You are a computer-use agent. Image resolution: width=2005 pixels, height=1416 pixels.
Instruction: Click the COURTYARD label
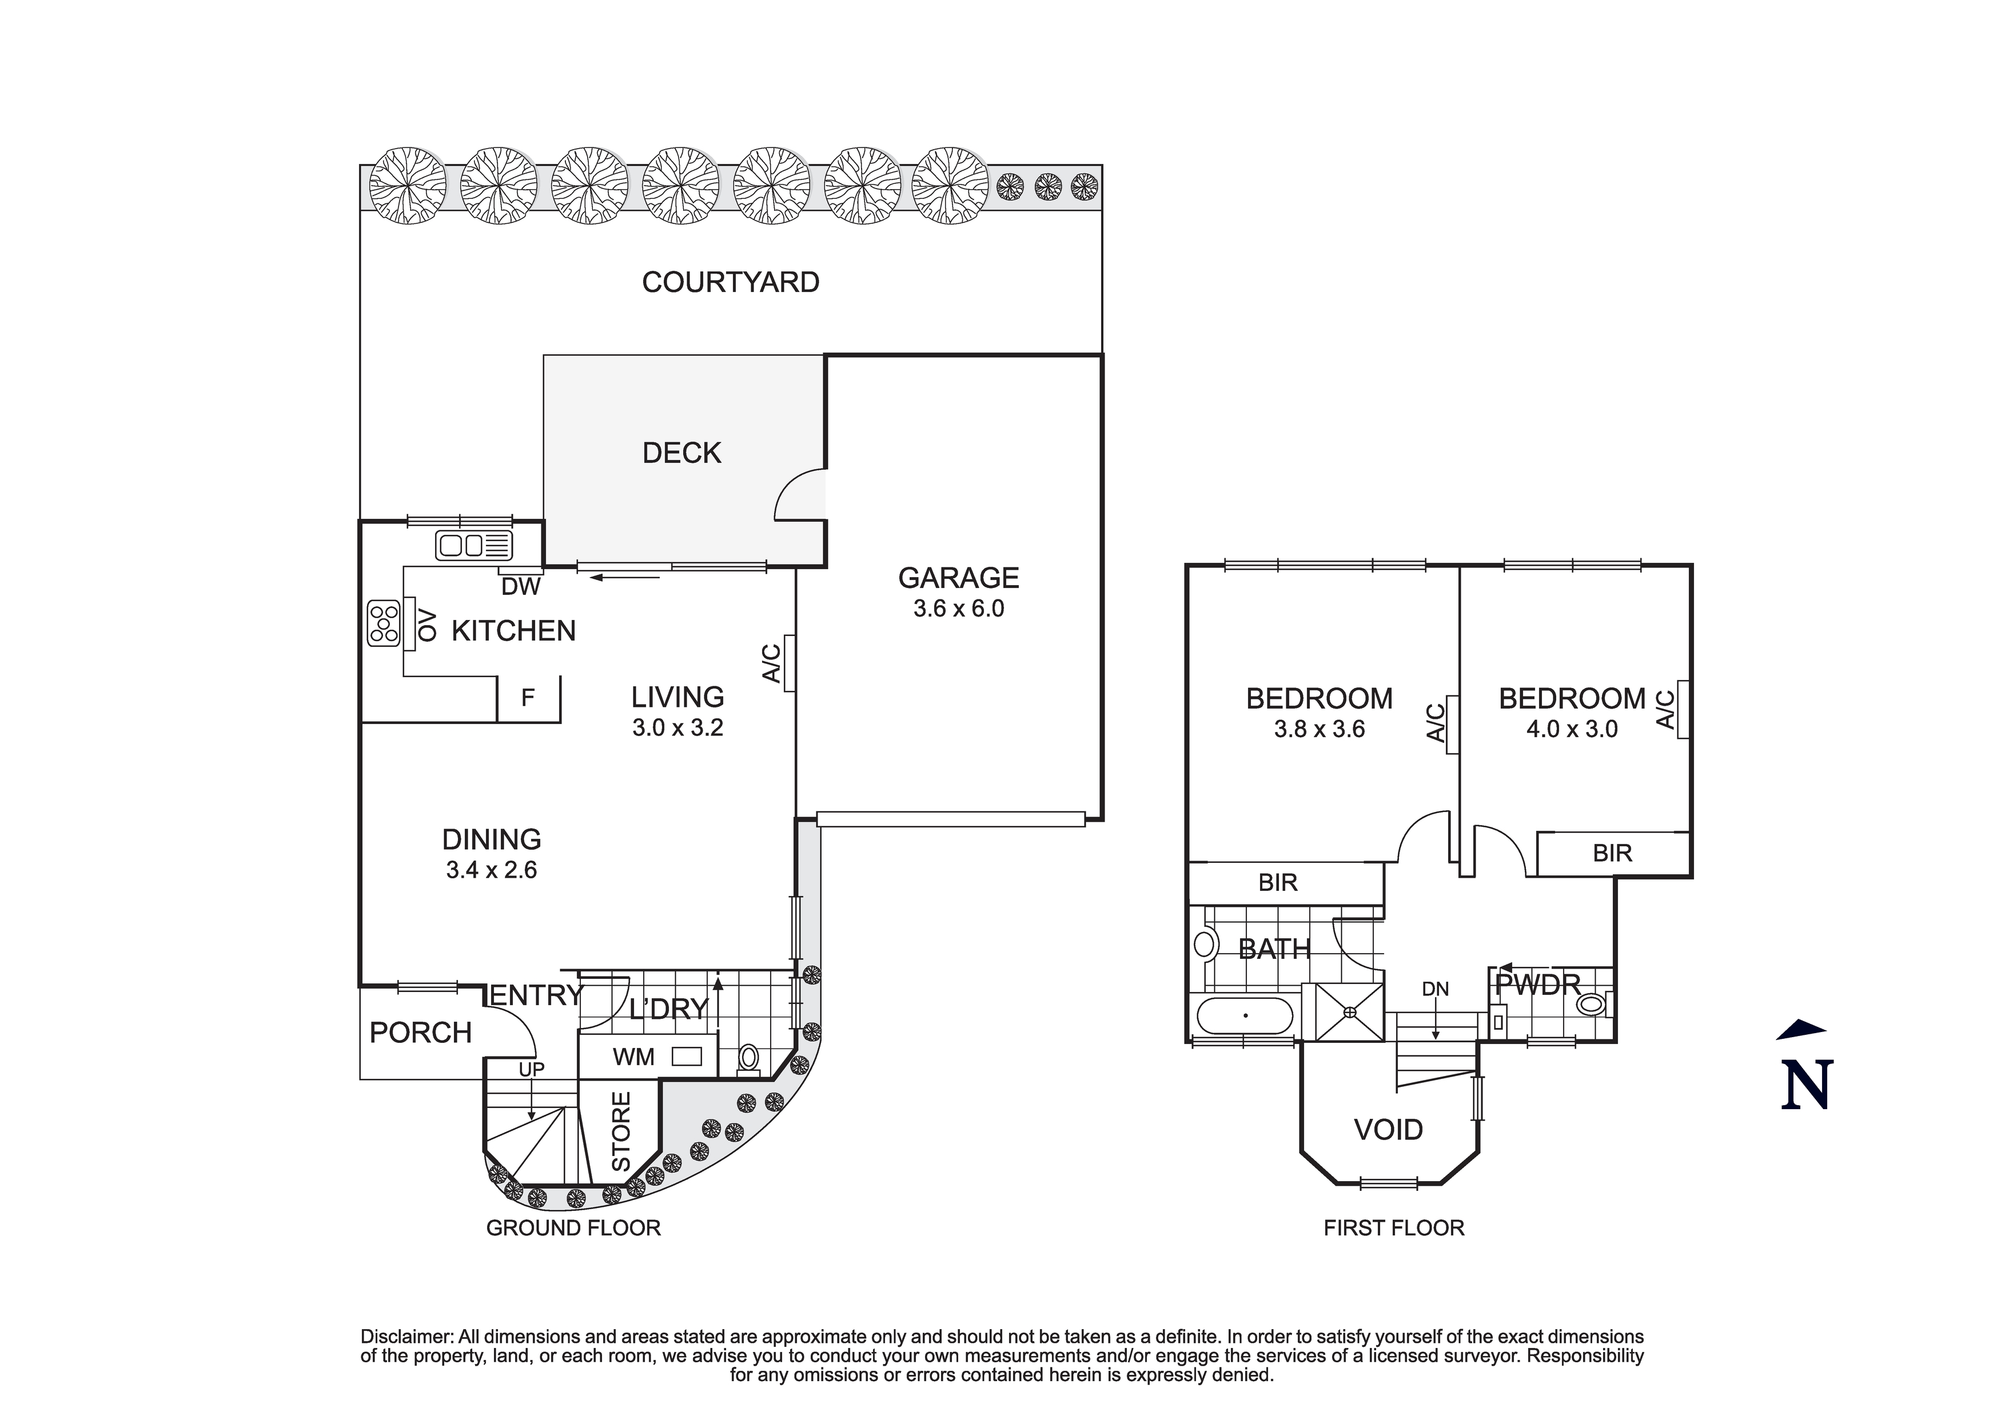(x=730, y=282)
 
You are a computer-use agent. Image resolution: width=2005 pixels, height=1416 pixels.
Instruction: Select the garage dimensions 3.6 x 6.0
(x=959, y=609)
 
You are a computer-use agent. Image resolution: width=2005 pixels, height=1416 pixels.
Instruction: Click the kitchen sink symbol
(x=474, y=546)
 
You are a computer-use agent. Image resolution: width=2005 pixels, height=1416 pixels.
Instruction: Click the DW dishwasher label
(x=521, y=587)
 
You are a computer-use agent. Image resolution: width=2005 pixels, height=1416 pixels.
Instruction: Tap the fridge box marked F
(x=528, y=698)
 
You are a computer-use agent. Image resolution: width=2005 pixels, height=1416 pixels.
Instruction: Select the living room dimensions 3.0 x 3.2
(x=677, y=727)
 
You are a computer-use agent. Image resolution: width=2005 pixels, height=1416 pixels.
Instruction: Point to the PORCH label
(x=420, y=1033)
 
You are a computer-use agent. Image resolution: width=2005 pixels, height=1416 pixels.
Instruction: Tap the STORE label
(x=620, y=1131)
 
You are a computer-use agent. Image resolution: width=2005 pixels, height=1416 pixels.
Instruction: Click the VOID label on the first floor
(x=1389, y=1130)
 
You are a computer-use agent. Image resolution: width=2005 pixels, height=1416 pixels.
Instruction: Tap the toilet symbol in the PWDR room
(x=1593, y=1004)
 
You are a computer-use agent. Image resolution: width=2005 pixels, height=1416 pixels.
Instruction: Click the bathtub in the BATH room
(x=1245, y=1016)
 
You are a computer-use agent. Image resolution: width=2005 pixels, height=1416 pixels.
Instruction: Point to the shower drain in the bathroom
(x=1350, y=1013)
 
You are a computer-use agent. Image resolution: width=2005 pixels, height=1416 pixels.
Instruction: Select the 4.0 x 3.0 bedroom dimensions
(x=1572, y=729)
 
